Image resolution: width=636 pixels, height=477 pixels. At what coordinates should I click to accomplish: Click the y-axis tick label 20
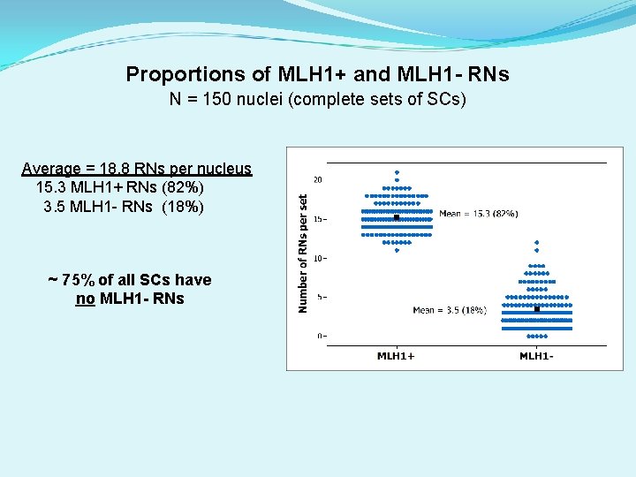318,180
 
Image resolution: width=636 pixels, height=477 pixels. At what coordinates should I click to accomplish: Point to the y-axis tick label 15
318,219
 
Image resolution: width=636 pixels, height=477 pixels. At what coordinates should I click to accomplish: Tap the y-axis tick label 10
318,258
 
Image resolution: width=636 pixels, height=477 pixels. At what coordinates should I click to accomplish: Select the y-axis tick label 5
320,297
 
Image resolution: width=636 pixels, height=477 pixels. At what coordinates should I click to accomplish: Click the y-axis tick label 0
320,336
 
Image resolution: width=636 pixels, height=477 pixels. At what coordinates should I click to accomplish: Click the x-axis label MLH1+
396,356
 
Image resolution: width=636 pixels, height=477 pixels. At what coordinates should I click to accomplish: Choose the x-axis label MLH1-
536,356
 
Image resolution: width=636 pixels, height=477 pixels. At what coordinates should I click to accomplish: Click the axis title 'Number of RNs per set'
303,253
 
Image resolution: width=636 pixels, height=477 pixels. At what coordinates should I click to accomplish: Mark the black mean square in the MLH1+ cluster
397,217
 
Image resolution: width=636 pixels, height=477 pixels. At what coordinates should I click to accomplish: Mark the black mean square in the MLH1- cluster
537,309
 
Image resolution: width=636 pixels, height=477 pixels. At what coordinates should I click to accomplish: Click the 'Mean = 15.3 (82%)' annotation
478,214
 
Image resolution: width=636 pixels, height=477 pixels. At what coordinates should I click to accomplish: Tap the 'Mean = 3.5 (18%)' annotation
450,310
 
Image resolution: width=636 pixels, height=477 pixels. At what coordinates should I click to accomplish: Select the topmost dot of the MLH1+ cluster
397,172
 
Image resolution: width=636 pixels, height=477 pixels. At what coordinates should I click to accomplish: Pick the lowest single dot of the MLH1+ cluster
397,250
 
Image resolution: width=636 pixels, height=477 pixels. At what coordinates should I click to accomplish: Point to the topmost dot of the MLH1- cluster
537,241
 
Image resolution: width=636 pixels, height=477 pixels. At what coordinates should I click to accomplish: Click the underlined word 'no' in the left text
86,299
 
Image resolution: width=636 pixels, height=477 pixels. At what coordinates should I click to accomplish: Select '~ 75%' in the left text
71,280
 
